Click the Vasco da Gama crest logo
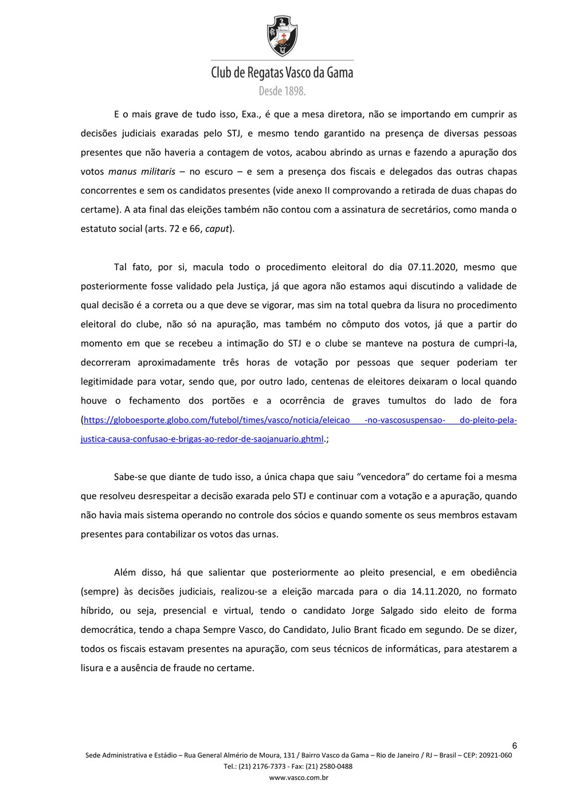(x=281, y=36)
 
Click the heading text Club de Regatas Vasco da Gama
(x=281, y=73)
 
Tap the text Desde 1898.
(x=281, y=91)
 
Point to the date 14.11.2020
(x=436, y=591)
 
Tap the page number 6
(x=514, y=745)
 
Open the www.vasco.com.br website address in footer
(x=299, y=777)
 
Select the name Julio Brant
(x=354, y=629)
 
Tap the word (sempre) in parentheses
(x=100, y=591)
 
